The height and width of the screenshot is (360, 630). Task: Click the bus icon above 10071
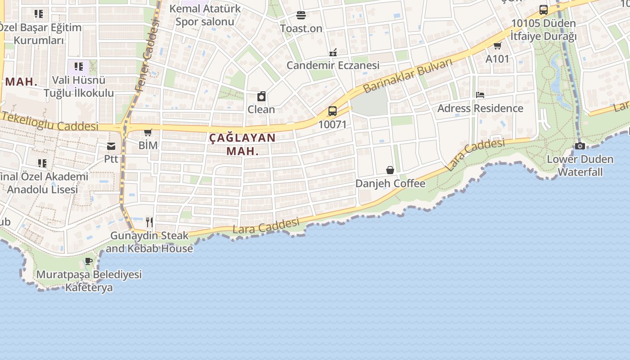click(x=333, y=111)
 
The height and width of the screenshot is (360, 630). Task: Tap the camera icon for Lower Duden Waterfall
click(x=580, y=146)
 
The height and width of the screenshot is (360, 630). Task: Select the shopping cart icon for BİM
click(x=148, y=132)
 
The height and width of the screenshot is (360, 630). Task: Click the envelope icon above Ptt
click(x=111, y=146)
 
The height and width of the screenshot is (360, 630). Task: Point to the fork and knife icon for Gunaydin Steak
click(x=149, y=222)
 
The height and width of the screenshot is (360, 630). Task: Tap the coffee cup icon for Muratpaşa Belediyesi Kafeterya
click(x=89, y=261)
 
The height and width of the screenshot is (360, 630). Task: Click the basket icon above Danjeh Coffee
click(x=390, y=170)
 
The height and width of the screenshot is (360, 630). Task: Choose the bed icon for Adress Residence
click(x=480, y=95)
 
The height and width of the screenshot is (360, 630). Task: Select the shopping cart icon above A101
click(x=497, y=45)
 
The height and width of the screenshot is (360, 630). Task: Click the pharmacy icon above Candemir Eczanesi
click(x=333, y=53)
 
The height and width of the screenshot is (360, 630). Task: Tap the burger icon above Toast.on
click(x=301, y=15)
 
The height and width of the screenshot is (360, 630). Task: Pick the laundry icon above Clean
click(x=261, y=96)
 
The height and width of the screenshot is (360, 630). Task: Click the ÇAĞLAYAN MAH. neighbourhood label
click(x=243, y=144)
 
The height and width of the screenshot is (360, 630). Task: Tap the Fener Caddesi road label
click(x=147, y=56)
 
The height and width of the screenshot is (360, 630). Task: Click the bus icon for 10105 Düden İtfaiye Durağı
click(x=544, y=10)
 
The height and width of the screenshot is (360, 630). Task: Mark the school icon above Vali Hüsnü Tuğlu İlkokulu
click(x=79, y=67)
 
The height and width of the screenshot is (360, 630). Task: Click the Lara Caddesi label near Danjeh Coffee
click(x=475, y=154)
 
